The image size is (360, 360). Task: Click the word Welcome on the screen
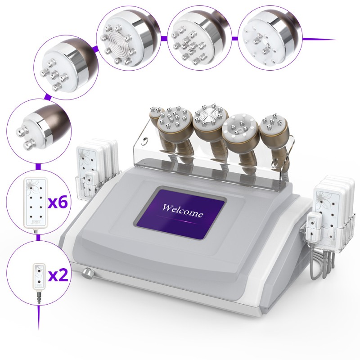tap(183, 211)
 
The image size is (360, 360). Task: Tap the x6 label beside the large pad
tap(58, 202)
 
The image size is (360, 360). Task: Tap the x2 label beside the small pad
tap(58, 275)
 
